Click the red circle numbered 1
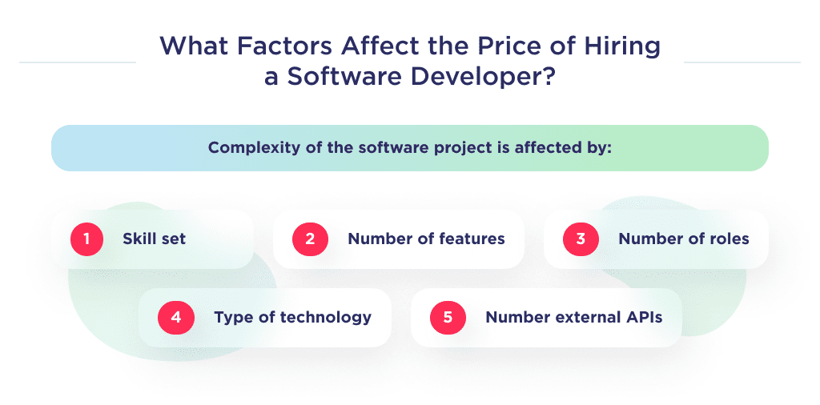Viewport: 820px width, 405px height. [87, 239]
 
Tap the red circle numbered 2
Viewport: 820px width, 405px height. [309, 239]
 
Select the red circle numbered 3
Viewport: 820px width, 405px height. [580, 239]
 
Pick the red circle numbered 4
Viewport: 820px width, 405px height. [175, 317]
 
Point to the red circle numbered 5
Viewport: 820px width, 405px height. [447, 317]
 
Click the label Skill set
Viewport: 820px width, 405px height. [154, 239]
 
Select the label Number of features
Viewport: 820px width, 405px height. [426, 239]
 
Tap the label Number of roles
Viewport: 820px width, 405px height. [684, 239]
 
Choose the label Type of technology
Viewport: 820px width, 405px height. [292, 317]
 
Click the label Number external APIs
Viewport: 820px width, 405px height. [573, 317]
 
